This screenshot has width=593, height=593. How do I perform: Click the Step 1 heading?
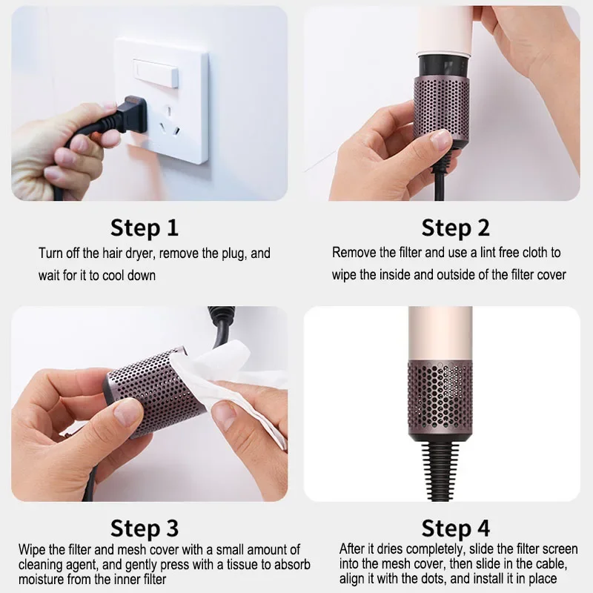coord(144,228)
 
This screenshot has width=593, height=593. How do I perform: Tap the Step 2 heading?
coord(455,228)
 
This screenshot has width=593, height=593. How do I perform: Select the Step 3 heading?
coord(144,528)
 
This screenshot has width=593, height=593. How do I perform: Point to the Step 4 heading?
coord(455,528)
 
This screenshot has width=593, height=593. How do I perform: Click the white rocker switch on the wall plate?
coord(156,73)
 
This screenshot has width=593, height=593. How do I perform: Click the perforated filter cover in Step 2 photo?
coord(441,107)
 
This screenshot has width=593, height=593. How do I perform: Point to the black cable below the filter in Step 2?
coord(440,182)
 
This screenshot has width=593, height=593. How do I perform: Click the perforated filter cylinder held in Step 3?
coord(151,394)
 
